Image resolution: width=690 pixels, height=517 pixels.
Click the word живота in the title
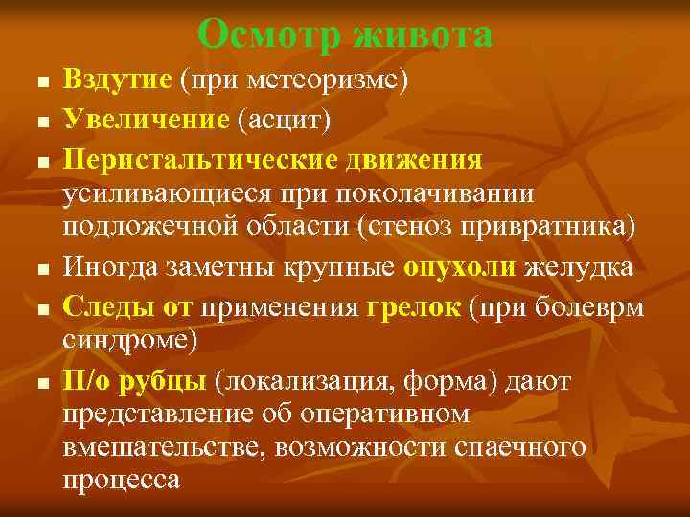(423, 34)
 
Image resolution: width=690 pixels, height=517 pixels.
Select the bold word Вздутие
(117, 79)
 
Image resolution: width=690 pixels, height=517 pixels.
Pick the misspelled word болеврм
(602, 306)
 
